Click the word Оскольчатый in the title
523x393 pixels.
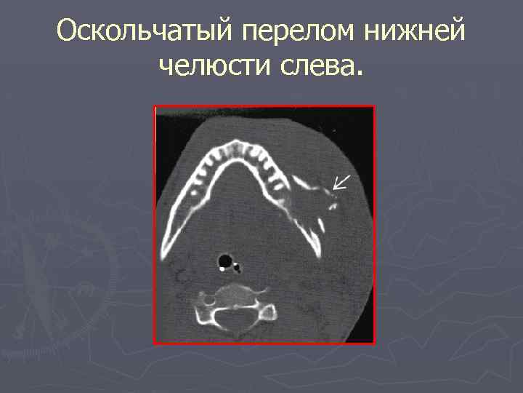tap(142, 31)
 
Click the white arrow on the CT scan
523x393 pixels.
tap(339, 182)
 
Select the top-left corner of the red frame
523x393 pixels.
tap(155, 106)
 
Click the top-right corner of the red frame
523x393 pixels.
tap(374, 106)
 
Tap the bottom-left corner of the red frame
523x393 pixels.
tap(155, 343)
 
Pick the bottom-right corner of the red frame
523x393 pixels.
tap(374, 343)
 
